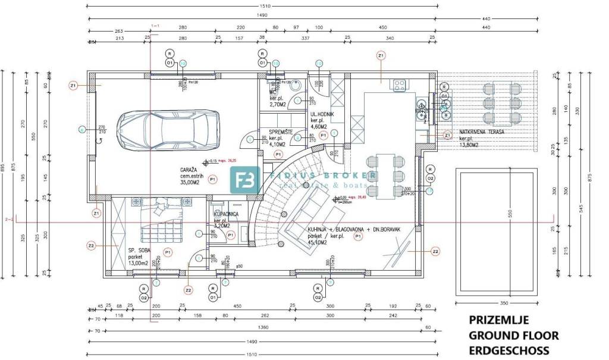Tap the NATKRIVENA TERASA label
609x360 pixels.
tap(482, 132)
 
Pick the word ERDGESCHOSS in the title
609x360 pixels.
tap(509, 350)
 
